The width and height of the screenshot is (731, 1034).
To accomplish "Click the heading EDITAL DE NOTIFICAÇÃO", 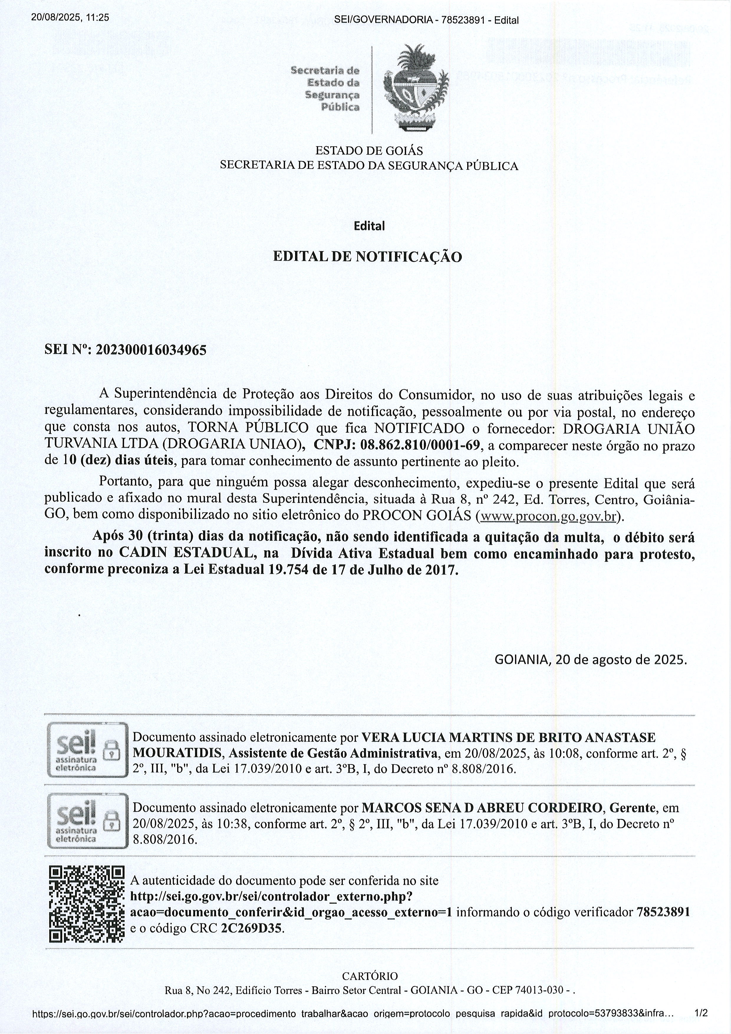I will click(367, 257).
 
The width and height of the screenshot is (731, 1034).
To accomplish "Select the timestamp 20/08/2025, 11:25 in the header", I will click(70, 18).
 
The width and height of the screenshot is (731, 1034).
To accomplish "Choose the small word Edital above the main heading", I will click(369, 226).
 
